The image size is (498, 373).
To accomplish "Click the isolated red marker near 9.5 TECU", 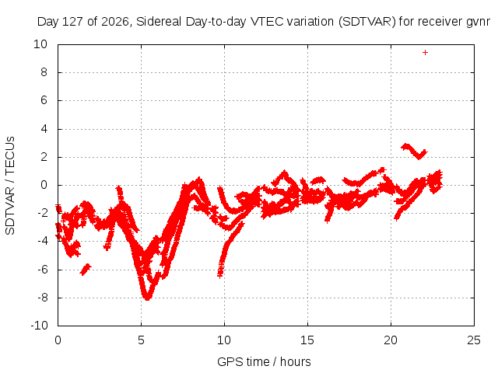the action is tap(425, 52).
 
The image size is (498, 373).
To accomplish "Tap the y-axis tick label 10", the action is tap(40, 44).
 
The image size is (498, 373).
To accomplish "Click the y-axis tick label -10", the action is tap(39, 326).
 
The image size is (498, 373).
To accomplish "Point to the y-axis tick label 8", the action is tap(44, 72).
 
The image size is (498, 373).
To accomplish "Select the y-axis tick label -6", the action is tap(42, 270).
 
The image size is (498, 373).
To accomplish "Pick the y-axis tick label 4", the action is tap(44, 129).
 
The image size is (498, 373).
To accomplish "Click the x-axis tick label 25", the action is tap(474, 340).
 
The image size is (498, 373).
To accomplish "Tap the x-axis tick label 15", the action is tap(307, 340).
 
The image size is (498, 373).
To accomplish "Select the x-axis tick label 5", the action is tap(141, 340).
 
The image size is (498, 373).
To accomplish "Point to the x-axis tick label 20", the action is tap(391, 340).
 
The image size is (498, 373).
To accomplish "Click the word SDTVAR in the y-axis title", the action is tap(10, 211).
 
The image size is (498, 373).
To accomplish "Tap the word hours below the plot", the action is tap(296, 361).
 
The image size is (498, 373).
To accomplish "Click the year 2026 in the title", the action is tap(114, 22).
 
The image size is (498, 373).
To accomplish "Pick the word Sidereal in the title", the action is tap(159, 22).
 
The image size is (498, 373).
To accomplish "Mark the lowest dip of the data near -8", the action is tap(147, 298).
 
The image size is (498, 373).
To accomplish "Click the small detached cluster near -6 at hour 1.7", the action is tap(86, 270).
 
